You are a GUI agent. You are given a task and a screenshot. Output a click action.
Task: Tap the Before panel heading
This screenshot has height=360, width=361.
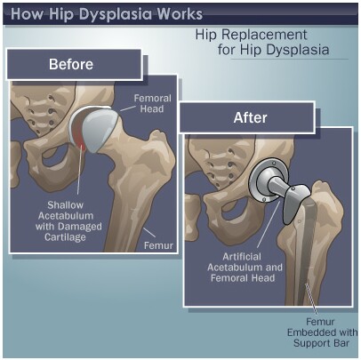pos(71,64)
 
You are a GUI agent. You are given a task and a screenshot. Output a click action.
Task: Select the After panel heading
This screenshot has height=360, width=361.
pos(250,117)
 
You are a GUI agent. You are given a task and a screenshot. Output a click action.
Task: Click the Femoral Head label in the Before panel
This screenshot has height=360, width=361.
pos(152,103)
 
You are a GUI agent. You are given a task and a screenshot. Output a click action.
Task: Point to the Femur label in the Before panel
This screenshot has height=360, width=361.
pos(158,245)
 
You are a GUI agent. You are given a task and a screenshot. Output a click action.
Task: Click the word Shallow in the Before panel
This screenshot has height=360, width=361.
pos(66,205)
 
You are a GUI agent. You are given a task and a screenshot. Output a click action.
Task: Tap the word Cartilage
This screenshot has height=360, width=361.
pos(65,237)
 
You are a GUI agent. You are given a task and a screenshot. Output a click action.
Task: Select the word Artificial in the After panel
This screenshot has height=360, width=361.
pos(242,257)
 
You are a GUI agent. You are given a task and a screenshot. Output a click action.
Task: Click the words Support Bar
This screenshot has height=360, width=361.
pos(321,343)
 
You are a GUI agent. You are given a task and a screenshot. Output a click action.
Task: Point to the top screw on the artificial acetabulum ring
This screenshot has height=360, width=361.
pos(274,163)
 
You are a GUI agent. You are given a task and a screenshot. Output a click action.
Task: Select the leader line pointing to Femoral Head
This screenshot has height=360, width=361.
pos(127,108)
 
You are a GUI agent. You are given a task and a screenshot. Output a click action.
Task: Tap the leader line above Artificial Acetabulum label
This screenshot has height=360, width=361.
pos(269,224)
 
